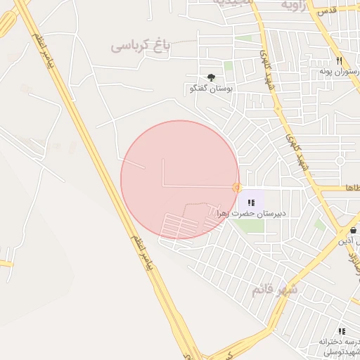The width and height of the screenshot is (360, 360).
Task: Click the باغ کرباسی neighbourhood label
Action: click(x=140, y=46)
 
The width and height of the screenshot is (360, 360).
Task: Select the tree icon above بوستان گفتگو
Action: click(x=211, y=77)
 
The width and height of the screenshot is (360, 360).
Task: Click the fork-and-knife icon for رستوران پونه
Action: click(x=340, y=61)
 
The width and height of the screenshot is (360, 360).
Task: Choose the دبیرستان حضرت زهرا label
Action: click(x=251, y=213)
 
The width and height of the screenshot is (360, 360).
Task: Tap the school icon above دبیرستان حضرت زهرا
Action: click(x=251, y=202)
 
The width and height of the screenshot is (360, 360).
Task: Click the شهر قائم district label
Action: click(x=275, y=290)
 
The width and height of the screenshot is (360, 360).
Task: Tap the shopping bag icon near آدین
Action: click(x=353, y=230)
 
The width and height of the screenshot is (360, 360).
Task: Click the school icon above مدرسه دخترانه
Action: click(x=342, y=330)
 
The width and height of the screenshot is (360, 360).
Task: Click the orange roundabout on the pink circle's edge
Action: click(x=238, y=187)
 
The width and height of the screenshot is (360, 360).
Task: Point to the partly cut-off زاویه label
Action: click(x=295, y=5)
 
